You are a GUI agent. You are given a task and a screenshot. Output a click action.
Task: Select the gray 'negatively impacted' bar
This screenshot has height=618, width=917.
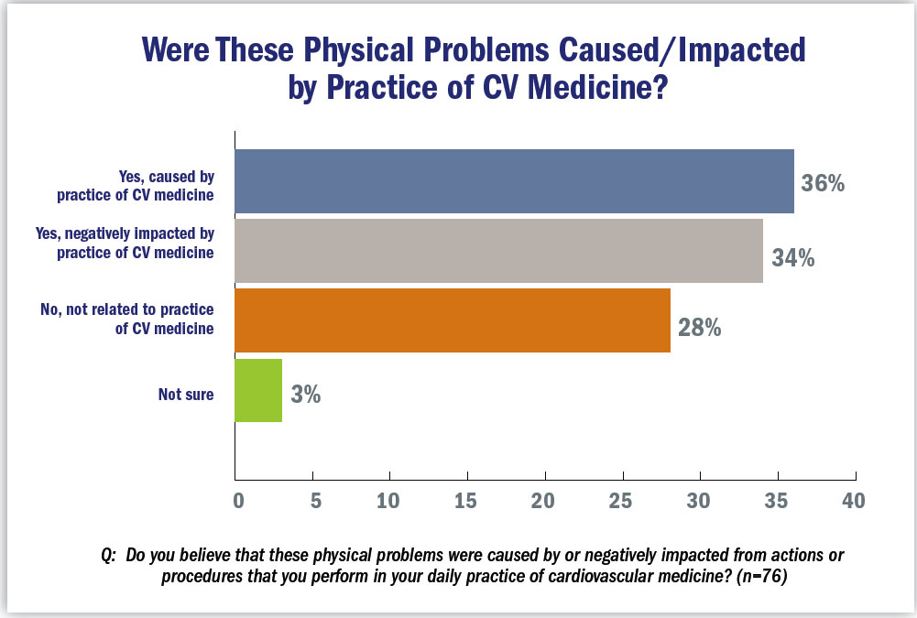[498, 250]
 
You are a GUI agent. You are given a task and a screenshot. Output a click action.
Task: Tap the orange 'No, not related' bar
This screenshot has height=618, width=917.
[453, 320]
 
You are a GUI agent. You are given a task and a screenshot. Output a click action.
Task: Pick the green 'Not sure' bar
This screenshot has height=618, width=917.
[258, 390]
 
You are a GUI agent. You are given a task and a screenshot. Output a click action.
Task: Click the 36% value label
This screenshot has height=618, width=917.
[822, 184]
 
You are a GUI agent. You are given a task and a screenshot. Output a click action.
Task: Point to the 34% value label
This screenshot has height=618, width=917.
[793, 259]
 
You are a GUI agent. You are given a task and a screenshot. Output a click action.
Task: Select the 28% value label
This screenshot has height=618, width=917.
[700, 327]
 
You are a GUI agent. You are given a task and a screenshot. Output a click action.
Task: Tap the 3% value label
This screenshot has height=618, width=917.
[305, 396]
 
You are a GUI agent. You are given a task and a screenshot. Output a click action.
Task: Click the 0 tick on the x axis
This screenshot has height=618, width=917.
[238, 501]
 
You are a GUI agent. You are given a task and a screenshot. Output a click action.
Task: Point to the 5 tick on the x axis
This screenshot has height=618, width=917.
[313, 501]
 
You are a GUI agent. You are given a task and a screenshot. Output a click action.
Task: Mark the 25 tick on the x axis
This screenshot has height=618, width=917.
[623, 501]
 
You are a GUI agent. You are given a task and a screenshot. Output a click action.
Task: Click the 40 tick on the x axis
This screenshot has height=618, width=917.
[854, 501]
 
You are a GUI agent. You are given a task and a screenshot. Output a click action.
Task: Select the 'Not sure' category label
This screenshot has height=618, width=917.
[186, 396]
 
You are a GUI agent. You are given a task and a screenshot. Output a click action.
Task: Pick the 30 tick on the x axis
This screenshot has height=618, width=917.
[700, 501]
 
